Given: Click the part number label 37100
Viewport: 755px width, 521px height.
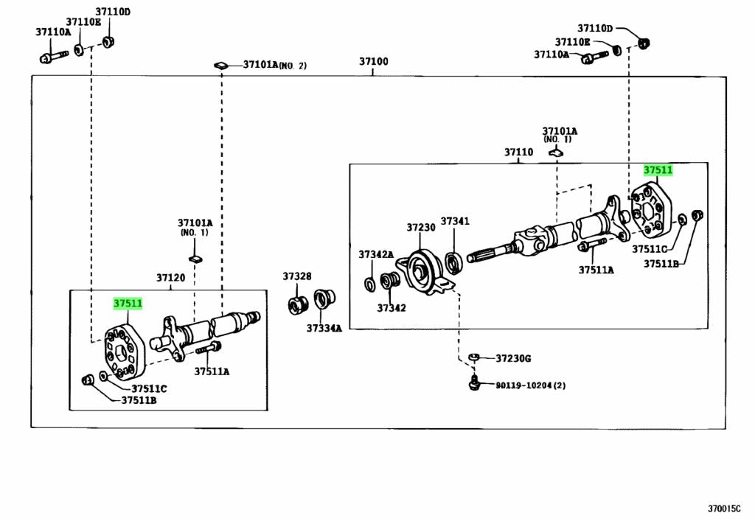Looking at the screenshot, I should [x=374, y=62].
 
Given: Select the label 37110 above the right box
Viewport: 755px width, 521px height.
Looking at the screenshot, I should [x=518, y=153].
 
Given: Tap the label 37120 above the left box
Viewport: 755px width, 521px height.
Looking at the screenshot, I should [x=170, y=278].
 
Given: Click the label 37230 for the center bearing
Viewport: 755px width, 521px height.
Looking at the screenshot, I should [x=421, y=228].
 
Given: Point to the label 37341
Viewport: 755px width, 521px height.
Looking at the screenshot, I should [x=455, y=221].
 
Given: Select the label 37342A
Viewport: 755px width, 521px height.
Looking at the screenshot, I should [x=376, y=254].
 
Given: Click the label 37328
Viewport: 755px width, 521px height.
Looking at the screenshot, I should [x=297, y=276].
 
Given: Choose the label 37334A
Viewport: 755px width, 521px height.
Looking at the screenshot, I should [x=324, y=328].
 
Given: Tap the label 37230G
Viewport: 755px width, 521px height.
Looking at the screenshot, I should [x=512, y=359].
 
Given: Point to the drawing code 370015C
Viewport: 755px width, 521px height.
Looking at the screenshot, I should [x=728, y=508].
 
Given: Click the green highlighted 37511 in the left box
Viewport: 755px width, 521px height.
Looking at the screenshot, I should [x=128, y=303].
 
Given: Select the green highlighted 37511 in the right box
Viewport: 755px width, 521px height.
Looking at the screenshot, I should [x=658, y=170].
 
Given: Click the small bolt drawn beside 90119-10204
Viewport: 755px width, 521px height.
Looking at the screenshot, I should [x=475, y=382].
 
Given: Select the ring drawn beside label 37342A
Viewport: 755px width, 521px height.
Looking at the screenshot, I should [x=369, y=283].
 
